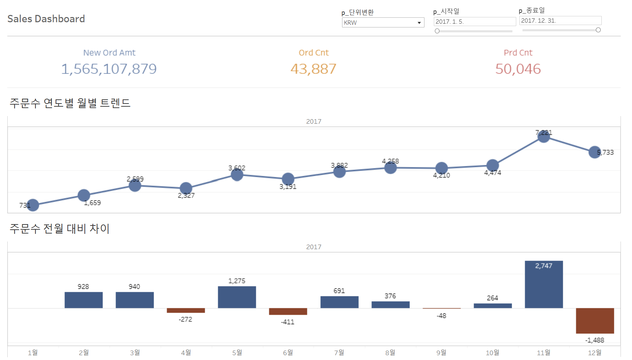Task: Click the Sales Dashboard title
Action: (x=46, y=19)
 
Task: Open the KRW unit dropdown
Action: (x=383, y=23)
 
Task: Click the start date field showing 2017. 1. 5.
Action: (x=474, y=22)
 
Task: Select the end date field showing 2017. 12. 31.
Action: (x=560, y=21)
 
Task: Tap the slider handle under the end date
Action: (x=598, y=30)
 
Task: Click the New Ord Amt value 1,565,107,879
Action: (x=109, y=69)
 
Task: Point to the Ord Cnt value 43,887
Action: (x=313, y=69)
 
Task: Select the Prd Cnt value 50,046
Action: (x=518, y=69)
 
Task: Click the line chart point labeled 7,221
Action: (x=544, y=136)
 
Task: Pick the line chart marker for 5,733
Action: (x=594, y=152)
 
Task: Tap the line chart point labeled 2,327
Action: (x=186, y=188)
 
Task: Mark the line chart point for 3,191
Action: (x=288, y=179)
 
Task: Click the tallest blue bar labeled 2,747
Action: (x=544, y=284)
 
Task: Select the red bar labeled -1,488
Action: (x=595, y=320)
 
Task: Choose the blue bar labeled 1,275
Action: (x=237, y=297)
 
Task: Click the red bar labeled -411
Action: (x=288, y=311)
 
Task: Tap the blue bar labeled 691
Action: (x=339, y=302)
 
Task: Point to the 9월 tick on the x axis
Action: (x=441, y=353)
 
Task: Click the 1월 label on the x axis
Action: (x=33, y=353)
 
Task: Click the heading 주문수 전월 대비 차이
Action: (x=59, y=229)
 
